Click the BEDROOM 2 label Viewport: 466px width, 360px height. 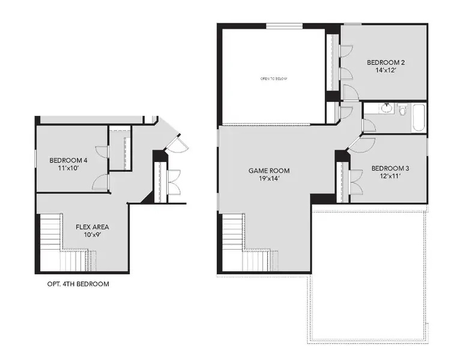(386, 62)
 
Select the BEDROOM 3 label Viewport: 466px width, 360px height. (389, 168)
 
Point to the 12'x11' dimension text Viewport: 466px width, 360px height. (389, 176)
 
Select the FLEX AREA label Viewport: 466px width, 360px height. (92, 227)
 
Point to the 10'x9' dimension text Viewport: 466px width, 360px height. (92, 236)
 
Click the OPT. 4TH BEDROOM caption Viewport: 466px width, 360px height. (78, 284)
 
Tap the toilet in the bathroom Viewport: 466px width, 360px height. (402, 110)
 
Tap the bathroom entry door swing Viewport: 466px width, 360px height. (369, 125)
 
